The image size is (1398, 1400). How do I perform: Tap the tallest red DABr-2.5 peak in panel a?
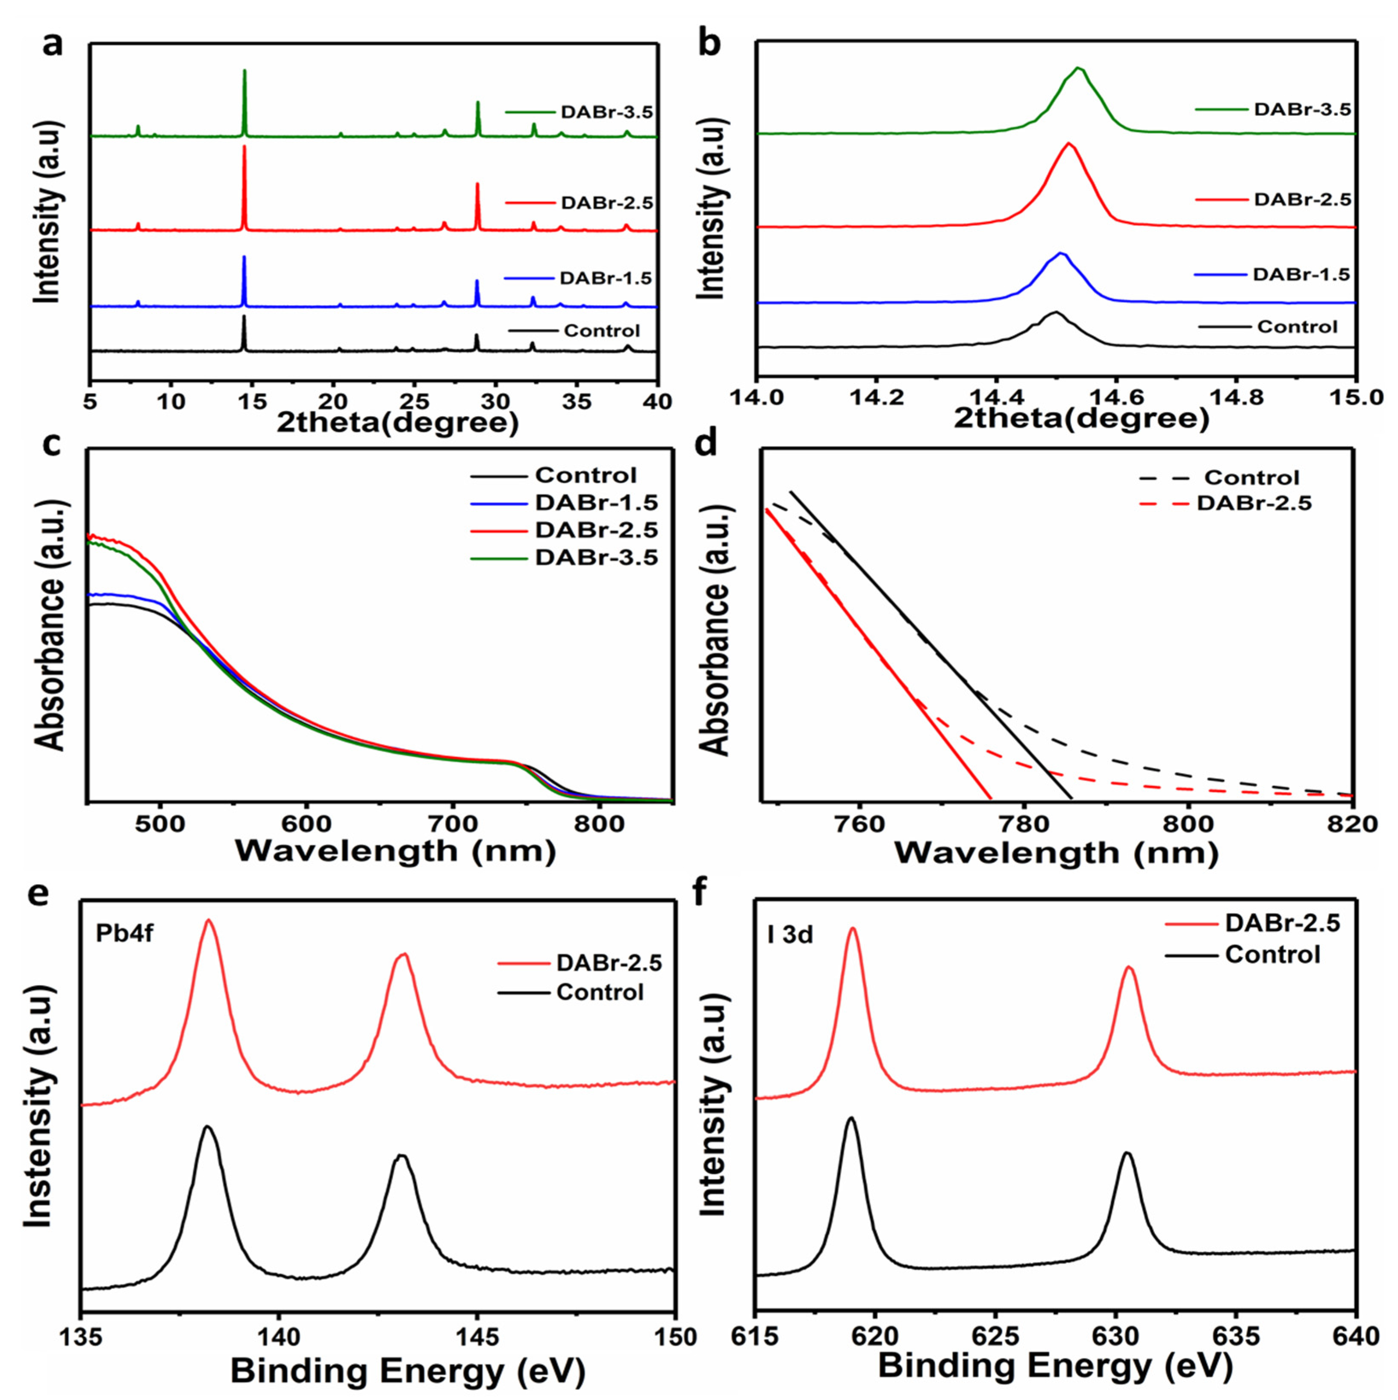[244, 147]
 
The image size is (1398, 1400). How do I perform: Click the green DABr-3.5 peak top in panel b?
[1078, 69]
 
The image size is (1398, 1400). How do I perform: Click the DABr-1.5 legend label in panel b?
[1301, 275]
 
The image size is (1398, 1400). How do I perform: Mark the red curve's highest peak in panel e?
[209, 921]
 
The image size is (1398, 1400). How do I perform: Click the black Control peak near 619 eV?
[851, 1119]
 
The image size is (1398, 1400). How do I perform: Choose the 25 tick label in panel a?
[414, 400]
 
